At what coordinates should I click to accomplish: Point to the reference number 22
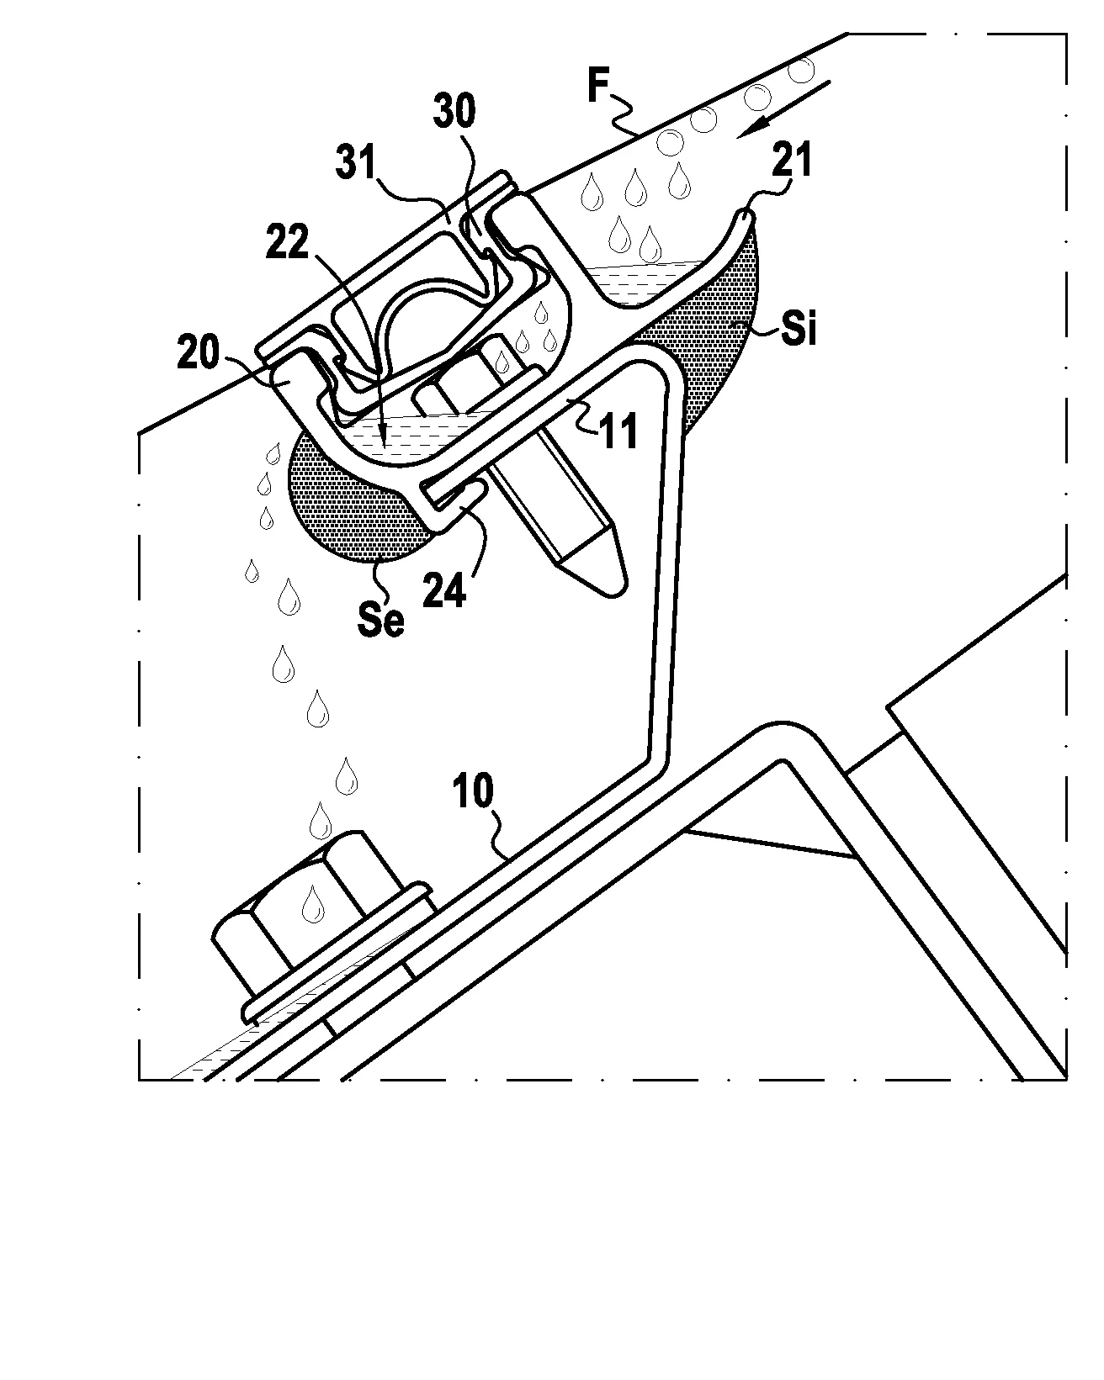[x=288, y=241]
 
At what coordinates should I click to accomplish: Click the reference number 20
[x=199, y=352]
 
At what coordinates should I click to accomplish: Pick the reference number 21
[x=792, y=160]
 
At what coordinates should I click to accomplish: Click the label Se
[x=381, y=619]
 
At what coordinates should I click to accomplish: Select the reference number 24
[x=444, y=590]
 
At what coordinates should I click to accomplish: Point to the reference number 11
[x=618, y=431]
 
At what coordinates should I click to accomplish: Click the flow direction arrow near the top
[x=783, y=108]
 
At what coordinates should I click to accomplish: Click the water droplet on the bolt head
[x=313, y=903]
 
